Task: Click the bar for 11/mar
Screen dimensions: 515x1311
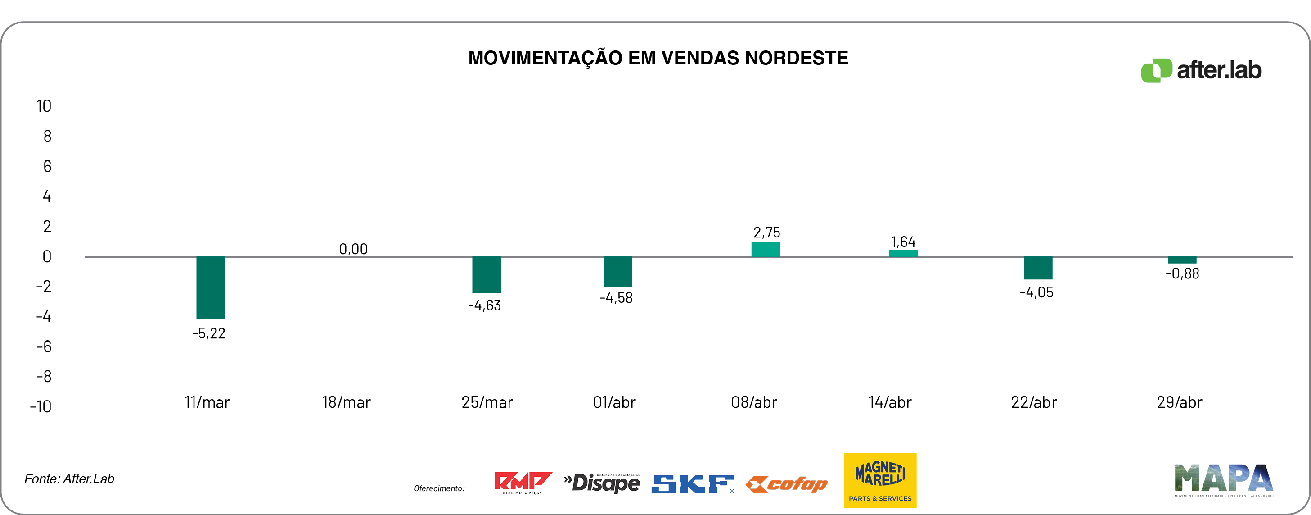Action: [x=210, y=287]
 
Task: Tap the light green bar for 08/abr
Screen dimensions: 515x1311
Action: [x=766, y=249]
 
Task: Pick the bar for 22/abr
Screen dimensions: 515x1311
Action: [x=1038, y=268]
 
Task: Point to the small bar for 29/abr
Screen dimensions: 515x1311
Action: [x=1182, y=260]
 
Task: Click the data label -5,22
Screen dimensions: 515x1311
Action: [x=209, y=334]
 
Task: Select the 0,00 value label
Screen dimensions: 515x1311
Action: [x=353, y=249]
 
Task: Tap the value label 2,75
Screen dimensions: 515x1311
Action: [x=766, y=233]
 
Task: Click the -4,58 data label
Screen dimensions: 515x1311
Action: [x=616, y=298]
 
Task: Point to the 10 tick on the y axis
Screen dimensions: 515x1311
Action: [x=44, y=106]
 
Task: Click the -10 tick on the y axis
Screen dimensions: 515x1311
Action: [x=41, y=406]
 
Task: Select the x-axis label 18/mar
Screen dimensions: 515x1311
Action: [x=346, y=402]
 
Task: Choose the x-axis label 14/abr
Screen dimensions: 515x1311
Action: [x=890, y=402]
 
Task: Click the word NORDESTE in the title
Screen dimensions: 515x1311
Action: [x=797, y=58]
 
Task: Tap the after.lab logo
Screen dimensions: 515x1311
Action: [x=1201, y=70]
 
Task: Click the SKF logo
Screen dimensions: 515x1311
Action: [x=693, y=484]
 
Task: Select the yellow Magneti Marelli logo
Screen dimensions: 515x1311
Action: [x=880, y=480]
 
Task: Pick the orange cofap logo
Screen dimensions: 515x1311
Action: [x=787, y=484]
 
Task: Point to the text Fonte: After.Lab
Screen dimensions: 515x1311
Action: [x=69, y=479]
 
